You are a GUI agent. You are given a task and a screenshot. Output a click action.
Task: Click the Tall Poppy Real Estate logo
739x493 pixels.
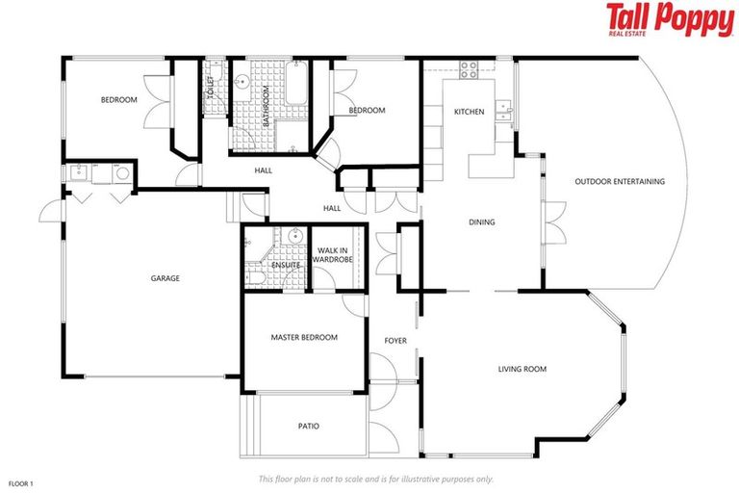coord(669,19)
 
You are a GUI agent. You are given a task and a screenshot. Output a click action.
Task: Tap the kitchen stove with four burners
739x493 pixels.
coord(469,69)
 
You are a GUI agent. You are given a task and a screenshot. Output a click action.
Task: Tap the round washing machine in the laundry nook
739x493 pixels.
coord(122,173)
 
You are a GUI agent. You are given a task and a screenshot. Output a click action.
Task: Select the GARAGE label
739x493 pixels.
coord(165,278)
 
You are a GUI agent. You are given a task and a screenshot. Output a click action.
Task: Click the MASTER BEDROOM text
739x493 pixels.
coord(304,337)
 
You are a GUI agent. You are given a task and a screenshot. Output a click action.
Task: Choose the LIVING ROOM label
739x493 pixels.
coord(522,368)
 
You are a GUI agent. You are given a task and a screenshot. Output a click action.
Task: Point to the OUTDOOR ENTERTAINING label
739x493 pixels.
coord(620,181)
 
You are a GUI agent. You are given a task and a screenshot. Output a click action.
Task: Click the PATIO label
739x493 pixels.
coord(308,426)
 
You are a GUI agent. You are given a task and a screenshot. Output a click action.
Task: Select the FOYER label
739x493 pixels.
coord(395,341)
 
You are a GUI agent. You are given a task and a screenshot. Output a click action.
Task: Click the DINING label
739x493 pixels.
coord(481,222)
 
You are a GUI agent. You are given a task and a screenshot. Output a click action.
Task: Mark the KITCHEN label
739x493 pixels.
coord(469,113)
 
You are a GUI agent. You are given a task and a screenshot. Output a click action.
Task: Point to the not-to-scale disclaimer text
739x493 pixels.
coord(376,479)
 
